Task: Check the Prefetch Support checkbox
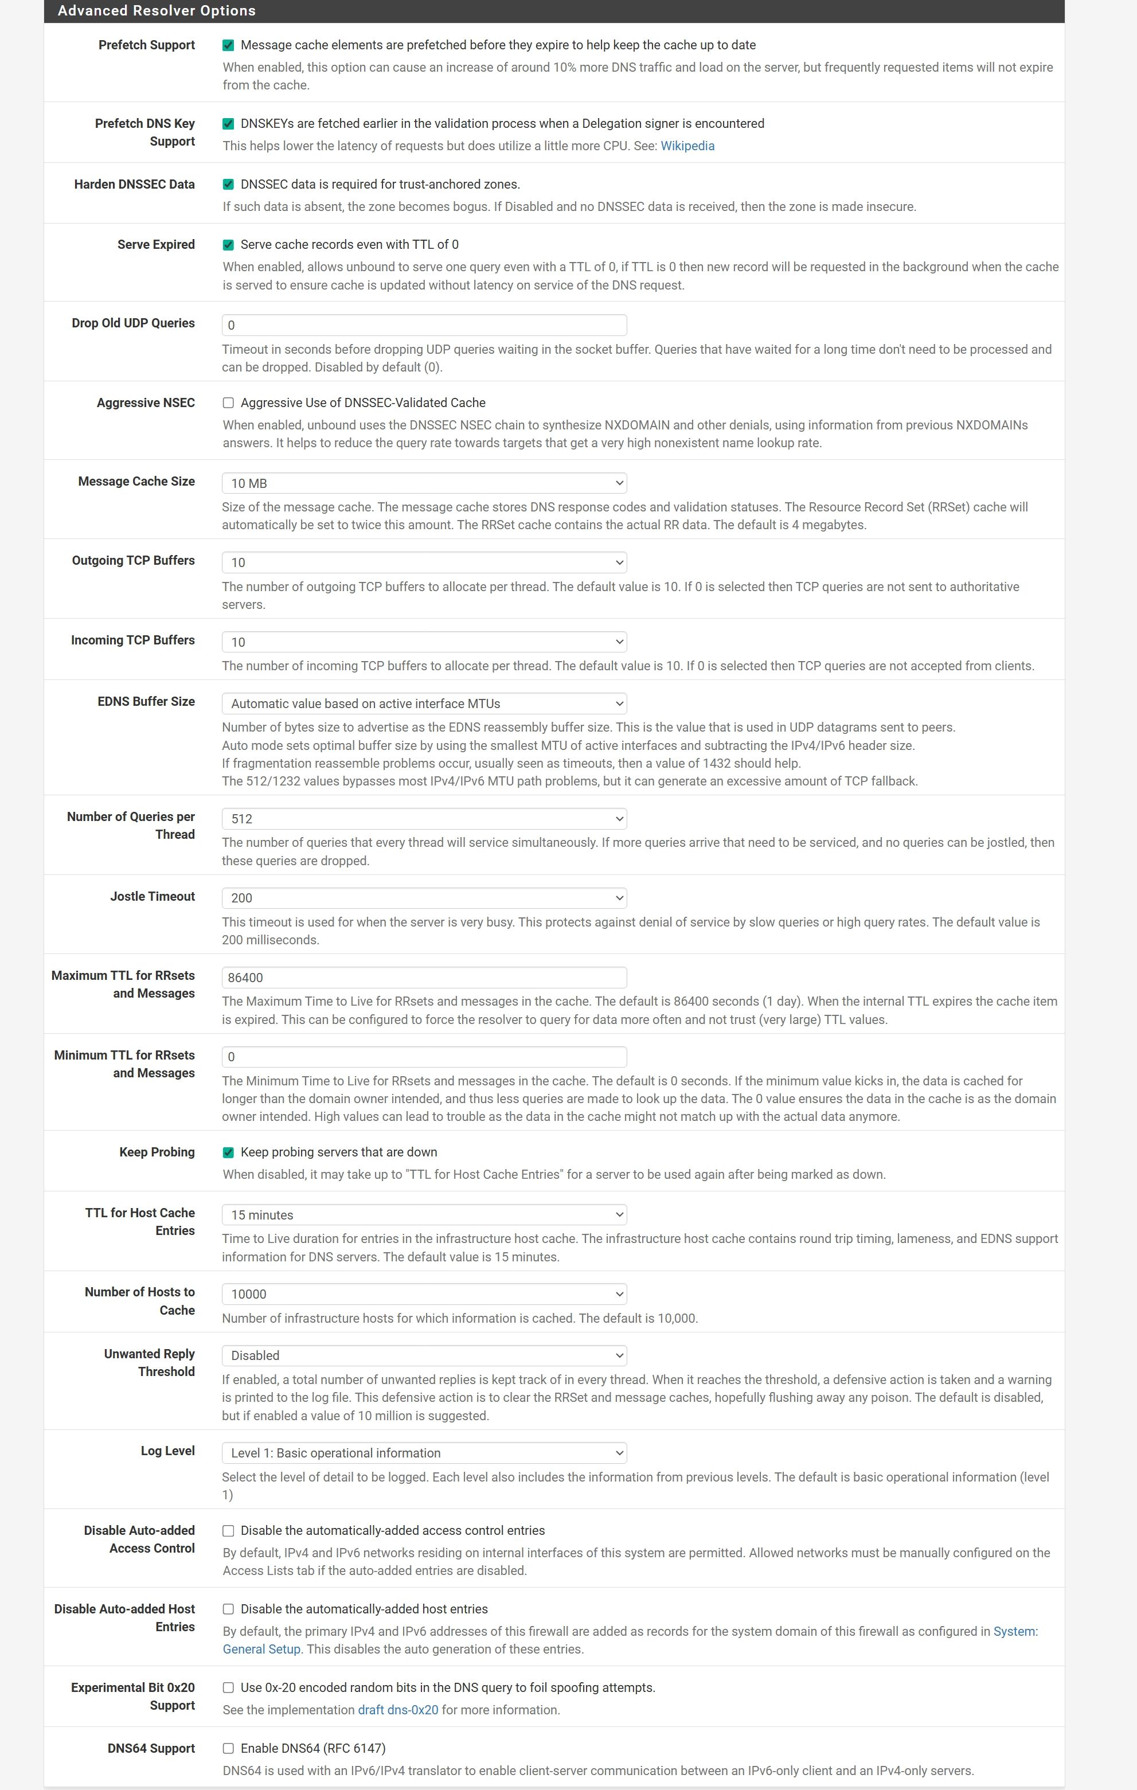(228, 45)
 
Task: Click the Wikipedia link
(687, 146)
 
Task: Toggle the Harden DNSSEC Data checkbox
(228, 185)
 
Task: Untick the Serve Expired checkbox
(228, 245)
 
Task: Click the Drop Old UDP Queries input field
(424, 325)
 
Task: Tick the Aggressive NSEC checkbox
(228, 403)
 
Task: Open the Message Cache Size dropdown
(424, 483)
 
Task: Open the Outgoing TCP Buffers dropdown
(424, 562)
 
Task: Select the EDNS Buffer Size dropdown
(424, 703)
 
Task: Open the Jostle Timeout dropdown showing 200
(424, 898)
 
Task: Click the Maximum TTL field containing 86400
(424, 978)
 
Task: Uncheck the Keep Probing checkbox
(228, 1152)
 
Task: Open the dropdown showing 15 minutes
(424, 1214)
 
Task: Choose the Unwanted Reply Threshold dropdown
(424, 1355)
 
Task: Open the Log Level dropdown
(424, 1452)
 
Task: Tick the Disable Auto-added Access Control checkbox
(228, 1531)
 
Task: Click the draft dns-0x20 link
(398, 1710)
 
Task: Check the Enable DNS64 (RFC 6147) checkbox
(228, 1748)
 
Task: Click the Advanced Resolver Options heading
(157, 10)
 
